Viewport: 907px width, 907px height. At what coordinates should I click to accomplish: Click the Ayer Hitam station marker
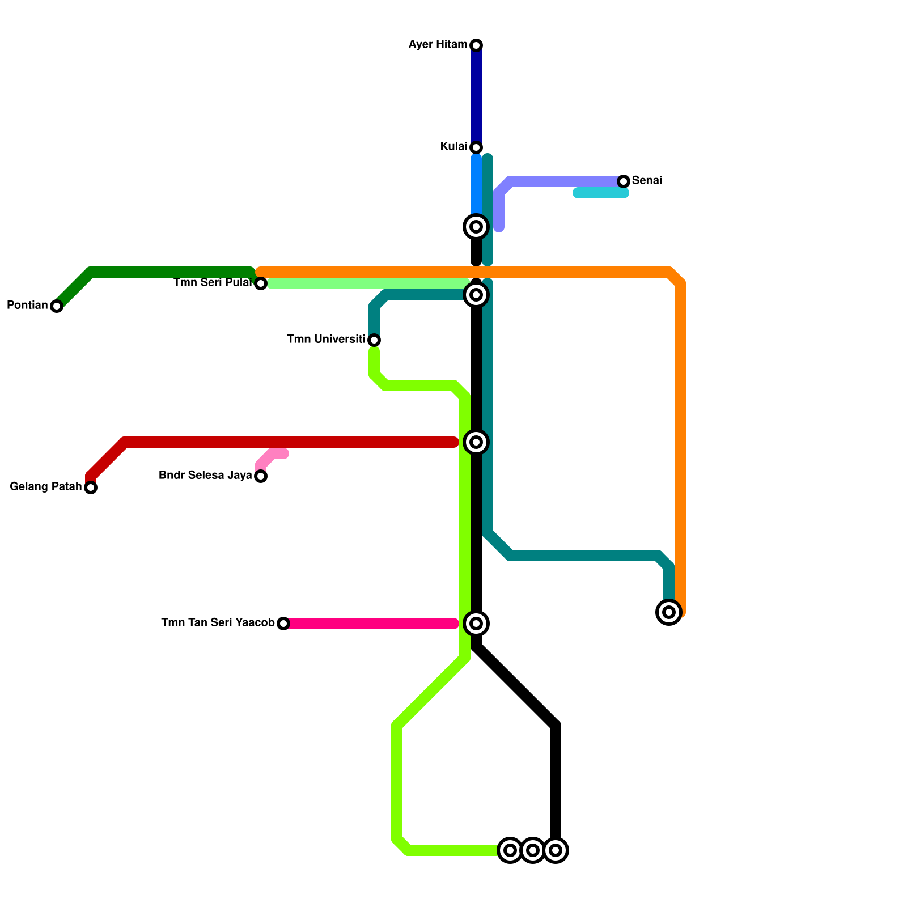tap(476, 45)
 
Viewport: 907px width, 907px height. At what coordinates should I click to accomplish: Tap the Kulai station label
tap(453, 147)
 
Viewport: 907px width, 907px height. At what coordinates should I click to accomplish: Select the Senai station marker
tap(624, 181)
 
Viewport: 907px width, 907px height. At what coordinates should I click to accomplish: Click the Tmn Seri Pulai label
tap(213, 283)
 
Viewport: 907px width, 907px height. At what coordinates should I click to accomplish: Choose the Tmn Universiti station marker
tap(374, 340)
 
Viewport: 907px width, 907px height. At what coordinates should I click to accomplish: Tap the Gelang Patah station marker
tap(91, 488)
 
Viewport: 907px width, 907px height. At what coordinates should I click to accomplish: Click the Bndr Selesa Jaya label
tap(205, 476)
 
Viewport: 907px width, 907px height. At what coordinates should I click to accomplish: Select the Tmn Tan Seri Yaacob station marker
tap(283, 624)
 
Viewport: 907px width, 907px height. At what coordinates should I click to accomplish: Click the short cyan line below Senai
tap(601, 193)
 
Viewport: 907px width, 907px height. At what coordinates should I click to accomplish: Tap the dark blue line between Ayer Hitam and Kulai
tap(476, 96)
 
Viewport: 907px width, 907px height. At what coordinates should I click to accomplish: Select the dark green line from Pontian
tap(170, 272)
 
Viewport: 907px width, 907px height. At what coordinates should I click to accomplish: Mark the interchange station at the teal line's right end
tap(669, 612)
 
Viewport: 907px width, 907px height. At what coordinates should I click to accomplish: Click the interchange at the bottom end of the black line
tap(556, 850)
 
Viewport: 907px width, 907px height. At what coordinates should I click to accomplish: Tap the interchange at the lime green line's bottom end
tap(510, 850)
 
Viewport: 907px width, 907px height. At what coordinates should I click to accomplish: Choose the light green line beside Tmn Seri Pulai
tap(368, 283)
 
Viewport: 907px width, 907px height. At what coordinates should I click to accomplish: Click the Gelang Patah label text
tap(46, 487)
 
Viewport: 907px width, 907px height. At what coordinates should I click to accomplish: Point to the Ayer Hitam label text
tap(438, 45)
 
